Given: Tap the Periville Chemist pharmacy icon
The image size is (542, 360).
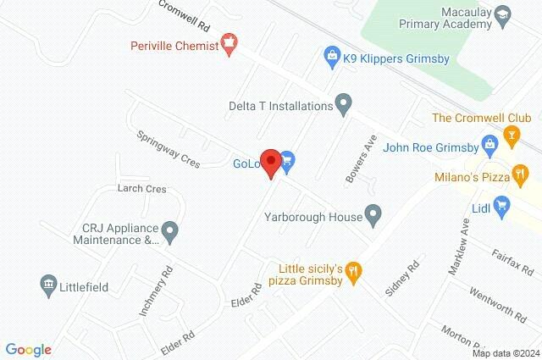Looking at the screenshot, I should [x=229, y=42].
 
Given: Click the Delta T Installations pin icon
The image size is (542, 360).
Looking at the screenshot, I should [x=344, y=106].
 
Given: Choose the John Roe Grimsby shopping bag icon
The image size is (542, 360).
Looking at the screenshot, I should [x=488, y=143].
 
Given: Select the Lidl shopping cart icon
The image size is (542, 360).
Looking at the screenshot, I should [x=502, y=203].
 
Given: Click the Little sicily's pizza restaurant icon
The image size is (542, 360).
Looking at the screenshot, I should [x=356, y=271].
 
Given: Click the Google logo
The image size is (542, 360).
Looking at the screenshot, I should [x=28, y=350].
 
